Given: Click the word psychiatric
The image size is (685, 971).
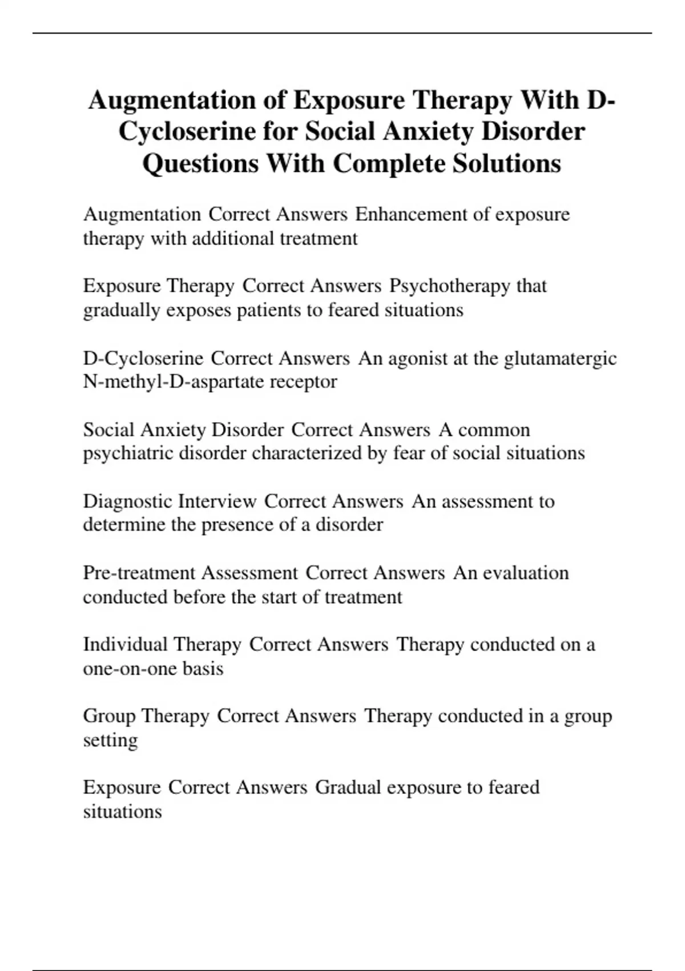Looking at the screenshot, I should [128, 454].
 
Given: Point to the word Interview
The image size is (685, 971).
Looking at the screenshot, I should [217, 501].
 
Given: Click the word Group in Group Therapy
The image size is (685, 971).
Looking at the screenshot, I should [109, 716].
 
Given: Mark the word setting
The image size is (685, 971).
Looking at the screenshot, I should [110, 741].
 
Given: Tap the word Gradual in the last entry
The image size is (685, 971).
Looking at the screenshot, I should [348, 788].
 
